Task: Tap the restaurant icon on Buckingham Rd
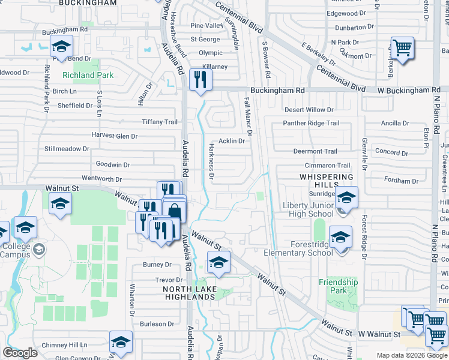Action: (199, 79)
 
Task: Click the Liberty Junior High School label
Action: (308, 209)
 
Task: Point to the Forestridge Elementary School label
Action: (298, 248)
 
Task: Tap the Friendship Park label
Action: (338, 286)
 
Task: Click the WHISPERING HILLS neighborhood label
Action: (327, 181)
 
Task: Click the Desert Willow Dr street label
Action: (309, 110)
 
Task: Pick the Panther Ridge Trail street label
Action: (311, 123)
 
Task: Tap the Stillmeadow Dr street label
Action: (67, 148)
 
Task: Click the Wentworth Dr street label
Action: (101, 179)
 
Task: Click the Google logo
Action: (20, 353)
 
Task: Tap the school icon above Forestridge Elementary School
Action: (340, 236)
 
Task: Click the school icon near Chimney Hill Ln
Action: (121, 343)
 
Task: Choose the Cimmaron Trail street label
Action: (327, 165)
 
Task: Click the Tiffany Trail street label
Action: (160, 122)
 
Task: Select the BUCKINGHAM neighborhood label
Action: (88, 3)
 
